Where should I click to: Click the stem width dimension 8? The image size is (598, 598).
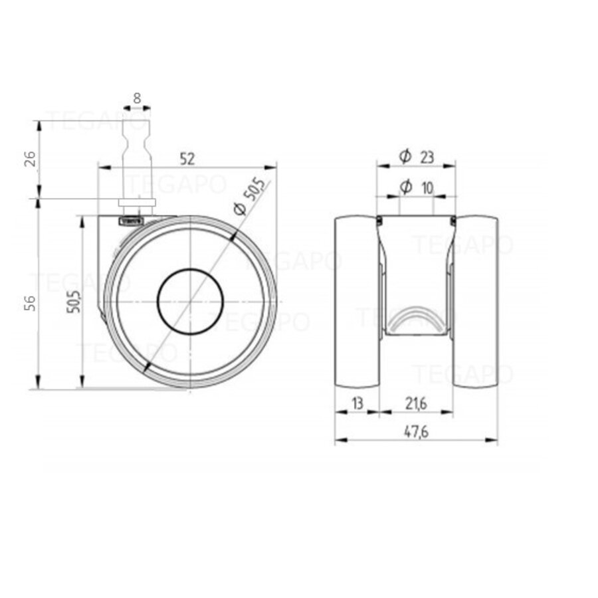(137, 98)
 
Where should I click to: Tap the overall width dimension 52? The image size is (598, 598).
(187, 158)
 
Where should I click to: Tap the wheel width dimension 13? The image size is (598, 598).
(357, 402)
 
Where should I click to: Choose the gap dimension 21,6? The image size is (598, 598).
(416, 402)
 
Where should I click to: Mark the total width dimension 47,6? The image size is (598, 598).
(416, 431)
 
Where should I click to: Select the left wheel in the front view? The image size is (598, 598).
(357, 302)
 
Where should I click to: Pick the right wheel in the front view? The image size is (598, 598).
(476, 302)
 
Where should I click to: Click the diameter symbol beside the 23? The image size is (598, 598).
(405, 157)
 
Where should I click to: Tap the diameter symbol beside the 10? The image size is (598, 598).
(405, 188)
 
